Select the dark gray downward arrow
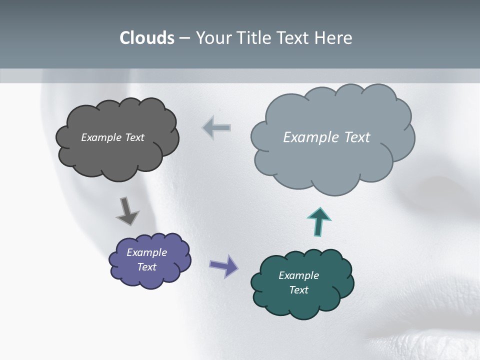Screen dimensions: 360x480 tap(127, 211)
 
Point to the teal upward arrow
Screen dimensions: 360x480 tap(319, 221)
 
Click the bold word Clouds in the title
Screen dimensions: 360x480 tap(147, 38)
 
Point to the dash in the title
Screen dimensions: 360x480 tap(184, 38)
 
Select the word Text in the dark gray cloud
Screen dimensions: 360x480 tap(134, 137)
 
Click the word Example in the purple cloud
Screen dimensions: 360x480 tap(146, 252)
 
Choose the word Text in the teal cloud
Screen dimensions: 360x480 tap(298, 290)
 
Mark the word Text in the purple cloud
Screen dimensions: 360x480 tap(146, 267)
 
